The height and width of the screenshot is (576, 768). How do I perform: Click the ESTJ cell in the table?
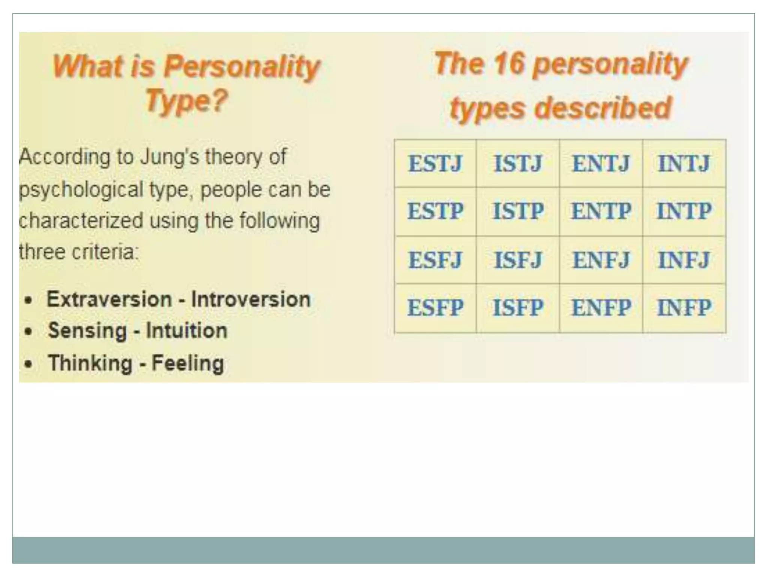(435, 163)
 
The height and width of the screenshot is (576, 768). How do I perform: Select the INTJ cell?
(684, 163)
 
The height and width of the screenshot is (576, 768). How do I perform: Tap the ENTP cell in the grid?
(601, 211)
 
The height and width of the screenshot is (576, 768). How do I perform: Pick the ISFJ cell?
(518, 260)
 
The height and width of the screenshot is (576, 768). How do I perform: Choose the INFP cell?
(684, 308)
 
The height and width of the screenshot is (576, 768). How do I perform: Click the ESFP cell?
(435, 308)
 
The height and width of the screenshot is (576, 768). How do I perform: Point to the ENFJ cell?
(601, 260)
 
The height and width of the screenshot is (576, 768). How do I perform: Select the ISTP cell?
(518, 211)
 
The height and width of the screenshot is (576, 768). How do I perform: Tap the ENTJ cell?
(601, 163)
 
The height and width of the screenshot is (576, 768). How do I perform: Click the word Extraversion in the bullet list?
(109, 300)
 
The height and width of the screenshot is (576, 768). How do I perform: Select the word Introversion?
(251, 300)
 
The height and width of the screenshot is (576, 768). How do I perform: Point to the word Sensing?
(87, 331)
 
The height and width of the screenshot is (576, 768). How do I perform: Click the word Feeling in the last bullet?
(188, 363)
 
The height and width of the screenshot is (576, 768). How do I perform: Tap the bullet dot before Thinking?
(28, 364)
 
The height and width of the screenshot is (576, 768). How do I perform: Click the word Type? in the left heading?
(186, 100)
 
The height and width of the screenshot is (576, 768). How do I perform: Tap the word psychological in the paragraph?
(81, 189)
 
